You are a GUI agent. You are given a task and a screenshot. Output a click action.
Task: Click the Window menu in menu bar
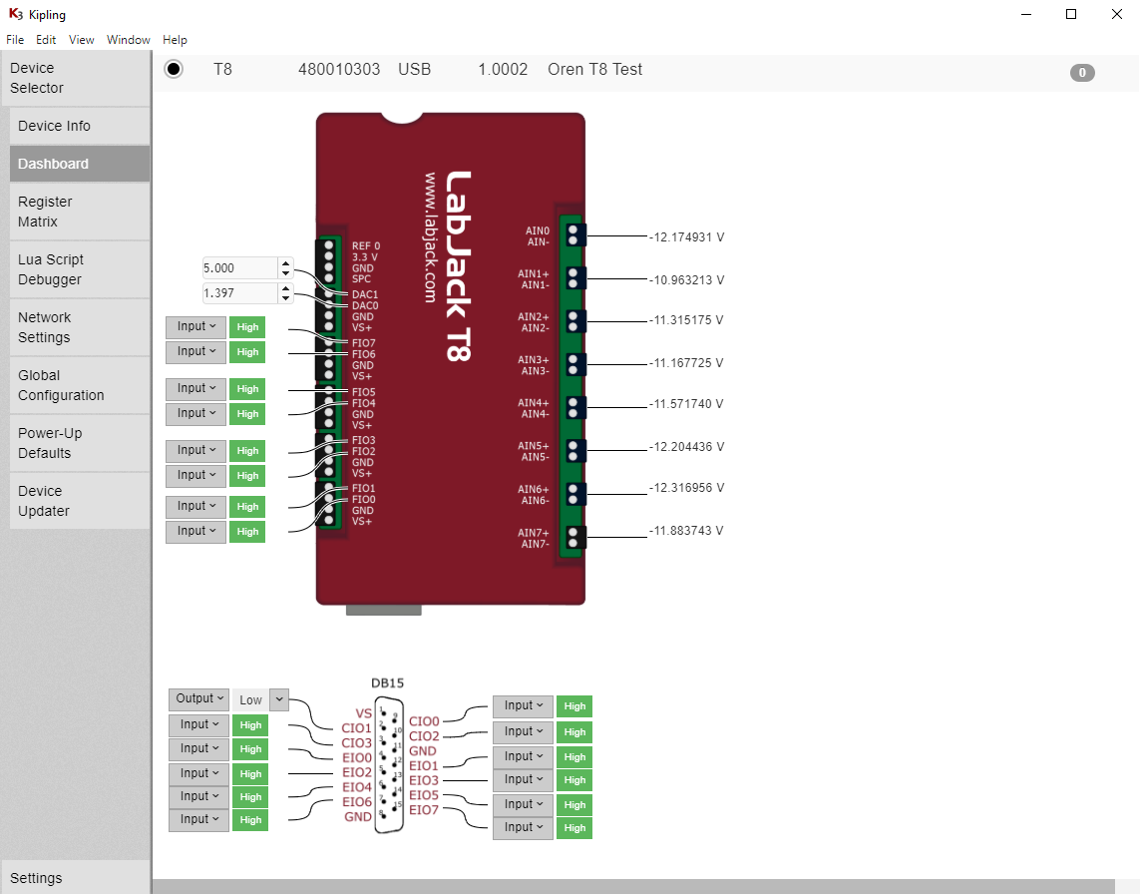(x=129, y=40)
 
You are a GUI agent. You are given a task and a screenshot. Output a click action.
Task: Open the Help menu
(x=175, y=40)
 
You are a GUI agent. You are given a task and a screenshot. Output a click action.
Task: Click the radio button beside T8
(x=174, y=69)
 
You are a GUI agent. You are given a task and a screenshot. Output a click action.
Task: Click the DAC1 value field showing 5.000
(x=238, y=268)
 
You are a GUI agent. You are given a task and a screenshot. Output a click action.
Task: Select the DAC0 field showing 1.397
(x=238, y=293)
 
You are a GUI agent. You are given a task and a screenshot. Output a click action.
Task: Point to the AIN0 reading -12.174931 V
(x=686, y=237)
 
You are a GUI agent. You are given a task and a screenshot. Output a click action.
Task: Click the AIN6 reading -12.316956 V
(x=686, y=488)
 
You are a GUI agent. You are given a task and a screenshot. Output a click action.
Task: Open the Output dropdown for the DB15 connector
(x=198, y=699)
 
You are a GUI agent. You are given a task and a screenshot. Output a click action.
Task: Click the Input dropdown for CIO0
(x=523, y=706)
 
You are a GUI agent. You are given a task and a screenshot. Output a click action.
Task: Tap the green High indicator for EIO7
(x=574, y=828)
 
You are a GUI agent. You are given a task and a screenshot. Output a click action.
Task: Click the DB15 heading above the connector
(x=388, y=683)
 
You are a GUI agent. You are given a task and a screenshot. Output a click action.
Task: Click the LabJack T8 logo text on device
(x=458, y=264)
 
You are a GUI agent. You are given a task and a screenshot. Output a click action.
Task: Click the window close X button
(x=1117, y=14)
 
